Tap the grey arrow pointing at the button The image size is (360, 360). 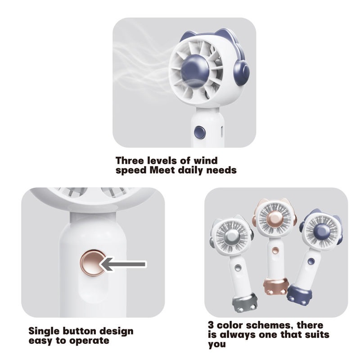[123, 264]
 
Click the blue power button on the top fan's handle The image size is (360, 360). [199, 132]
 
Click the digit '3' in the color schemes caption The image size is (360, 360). [211, 325]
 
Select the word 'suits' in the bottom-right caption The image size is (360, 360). [317, 334]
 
